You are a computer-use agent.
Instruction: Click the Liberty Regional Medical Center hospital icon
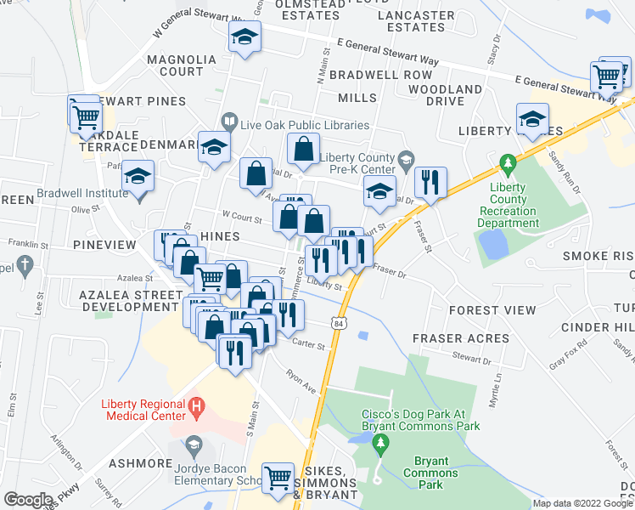pos(197,409)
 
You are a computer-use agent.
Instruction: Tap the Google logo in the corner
pos(28,500)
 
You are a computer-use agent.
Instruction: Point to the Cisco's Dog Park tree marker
pos(381,443)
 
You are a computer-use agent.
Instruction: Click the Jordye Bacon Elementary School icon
pos(194,445)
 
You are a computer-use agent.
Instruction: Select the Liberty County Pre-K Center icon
pos(407,158)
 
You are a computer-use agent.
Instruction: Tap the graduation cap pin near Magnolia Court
pos(244,37)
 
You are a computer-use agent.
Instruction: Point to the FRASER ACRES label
pos(461,338)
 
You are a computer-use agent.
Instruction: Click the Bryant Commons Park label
pos(430,473)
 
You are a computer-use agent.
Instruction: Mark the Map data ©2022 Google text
pos(582,503)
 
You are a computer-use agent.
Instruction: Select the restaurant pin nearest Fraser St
pos(430,181)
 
